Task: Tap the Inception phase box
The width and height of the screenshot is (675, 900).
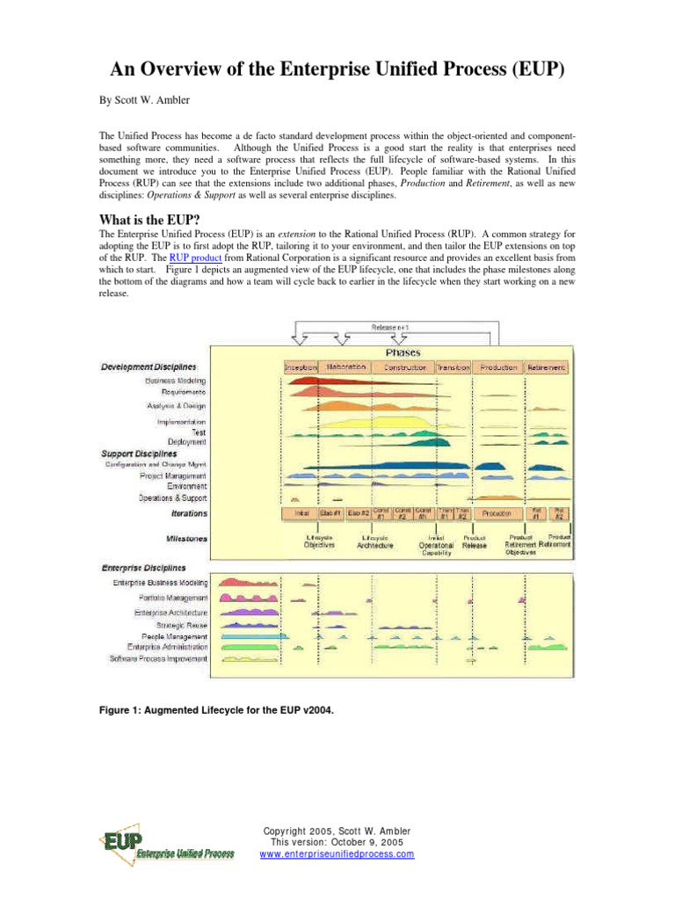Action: pos(301,367)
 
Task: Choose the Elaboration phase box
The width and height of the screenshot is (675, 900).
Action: pos(345,367)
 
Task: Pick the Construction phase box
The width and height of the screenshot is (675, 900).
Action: pos(405,367)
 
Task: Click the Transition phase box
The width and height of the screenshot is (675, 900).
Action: pos(453,367)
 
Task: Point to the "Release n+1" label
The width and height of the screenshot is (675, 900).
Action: pos(397,328)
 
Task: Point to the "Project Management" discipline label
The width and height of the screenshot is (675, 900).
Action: pos(173,475)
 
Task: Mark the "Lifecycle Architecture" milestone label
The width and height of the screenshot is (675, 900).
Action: pos(376,541)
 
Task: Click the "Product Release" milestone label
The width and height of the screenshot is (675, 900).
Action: pos(474,541)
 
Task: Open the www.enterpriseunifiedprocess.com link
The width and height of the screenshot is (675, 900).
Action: pos(337,854)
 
